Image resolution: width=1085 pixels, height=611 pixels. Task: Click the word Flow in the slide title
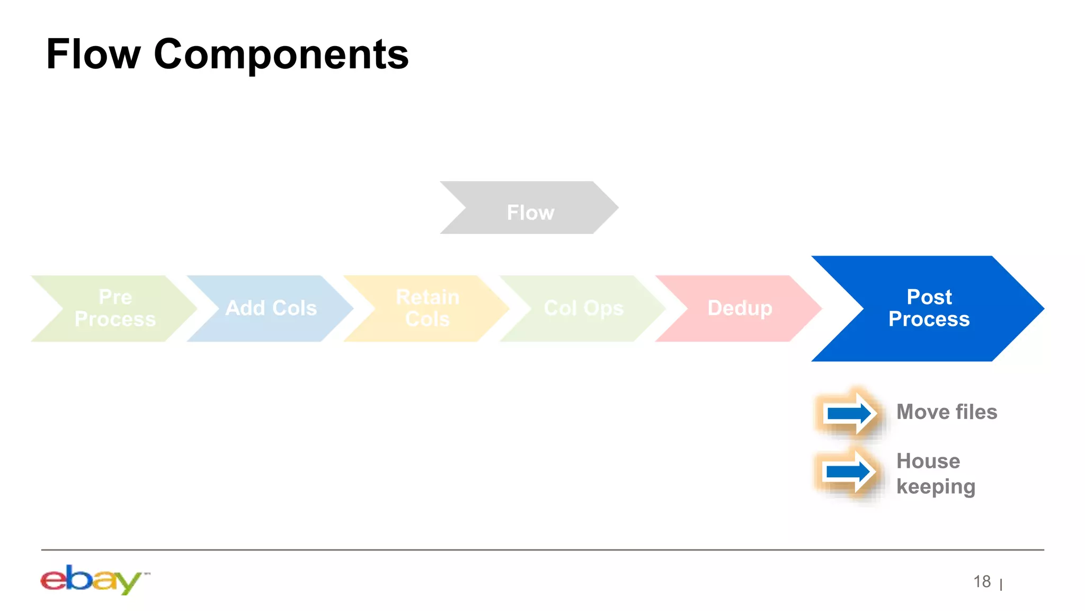[x=93, y=54]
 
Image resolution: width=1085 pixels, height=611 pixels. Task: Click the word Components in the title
[x=281, y=55]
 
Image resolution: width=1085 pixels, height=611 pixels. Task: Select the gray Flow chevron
[x=530, y=208]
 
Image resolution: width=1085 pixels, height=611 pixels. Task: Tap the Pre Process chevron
[x=115, y=309]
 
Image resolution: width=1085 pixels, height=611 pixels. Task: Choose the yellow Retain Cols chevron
[x=427, y=309]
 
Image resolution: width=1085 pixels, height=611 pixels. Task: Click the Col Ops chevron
[x=583, y=309]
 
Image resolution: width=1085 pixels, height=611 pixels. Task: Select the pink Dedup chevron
[x=740, y=309]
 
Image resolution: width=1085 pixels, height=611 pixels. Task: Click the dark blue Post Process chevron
[x=928, y=309]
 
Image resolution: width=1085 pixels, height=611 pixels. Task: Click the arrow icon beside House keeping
[x=849, y=472]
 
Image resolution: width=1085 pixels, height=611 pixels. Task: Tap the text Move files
[x=946, y=412]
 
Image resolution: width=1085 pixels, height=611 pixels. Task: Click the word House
[x=928, y=461]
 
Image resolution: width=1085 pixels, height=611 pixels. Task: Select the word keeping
[x=935, y=487]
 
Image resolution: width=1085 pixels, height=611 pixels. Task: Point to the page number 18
[x=982, y=582]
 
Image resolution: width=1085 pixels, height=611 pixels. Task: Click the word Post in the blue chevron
[x=929, y=297]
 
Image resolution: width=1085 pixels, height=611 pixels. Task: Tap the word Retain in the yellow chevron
[x=427, y=297]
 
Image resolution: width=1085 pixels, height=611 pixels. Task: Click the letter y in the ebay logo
[x=129, y=583]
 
